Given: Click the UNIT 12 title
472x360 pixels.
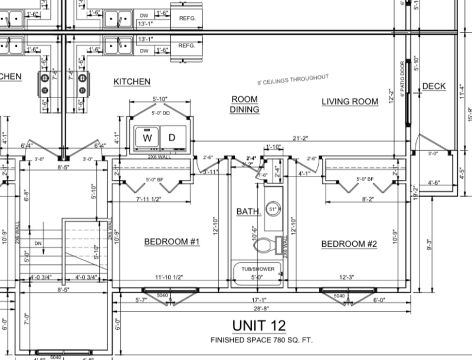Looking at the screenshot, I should click(x=258, y=325).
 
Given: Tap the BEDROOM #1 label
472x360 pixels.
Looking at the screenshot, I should click(x=173, y=241).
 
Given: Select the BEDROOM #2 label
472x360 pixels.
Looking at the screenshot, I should click(x=349, y=244).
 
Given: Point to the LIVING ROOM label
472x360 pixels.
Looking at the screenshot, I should click(x=349, y=102).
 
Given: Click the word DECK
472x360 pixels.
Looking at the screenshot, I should click(x=434, y=87).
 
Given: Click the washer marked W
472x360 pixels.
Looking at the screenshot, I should click(x=146, y=138).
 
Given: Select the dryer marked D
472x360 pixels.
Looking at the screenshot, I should click(x=172, y=138).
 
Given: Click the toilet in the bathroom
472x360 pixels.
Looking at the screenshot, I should click(x=271, y=243).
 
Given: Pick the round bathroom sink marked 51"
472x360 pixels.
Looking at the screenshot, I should click(x=273, y=208).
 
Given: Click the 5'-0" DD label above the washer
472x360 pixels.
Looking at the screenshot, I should click(x=160, y=113).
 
